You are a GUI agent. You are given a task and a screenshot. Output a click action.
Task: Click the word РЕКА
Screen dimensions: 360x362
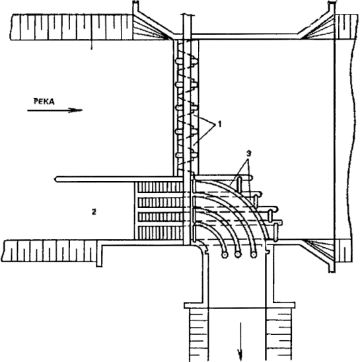pyautogui.click(x=44, y=101)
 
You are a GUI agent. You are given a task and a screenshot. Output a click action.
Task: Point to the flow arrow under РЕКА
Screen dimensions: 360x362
pyautogui.click(x=55, y=110)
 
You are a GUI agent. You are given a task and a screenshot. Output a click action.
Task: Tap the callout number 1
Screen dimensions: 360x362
pyautogui.click(x=219, y=124)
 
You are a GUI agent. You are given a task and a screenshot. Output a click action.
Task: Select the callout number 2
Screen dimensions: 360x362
pyautogui.click(x=94, y=211)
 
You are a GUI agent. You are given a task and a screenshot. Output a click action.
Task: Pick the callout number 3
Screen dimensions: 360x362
pyautogui.click(x=248, y=153)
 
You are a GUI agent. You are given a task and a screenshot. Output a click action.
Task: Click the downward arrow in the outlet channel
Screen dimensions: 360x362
pyautogui.click(x=240, y=342)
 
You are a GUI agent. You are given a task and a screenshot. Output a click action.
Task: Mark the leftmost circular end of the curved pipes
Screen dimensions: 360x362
pyautogui.click(x=225, y=255)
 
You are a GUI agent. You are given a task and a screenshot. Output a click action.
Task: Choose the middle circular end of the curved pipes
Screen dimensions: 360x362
pyautogui.click(x=238, y=254)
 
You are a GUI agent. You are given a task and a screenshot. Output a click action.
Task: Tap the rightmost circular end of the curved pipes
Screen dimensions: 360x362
pyautogui.click(x=254, y=254)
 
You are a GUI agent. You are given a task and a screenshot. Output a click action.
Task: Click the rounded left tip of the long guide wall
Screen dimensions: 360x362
pyautogui.click(x=56, y=179)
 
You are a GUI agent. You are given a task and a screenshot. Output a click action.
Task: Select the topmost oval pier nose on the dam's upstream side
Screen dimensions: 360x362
pyautogui.click(x=179, y=61)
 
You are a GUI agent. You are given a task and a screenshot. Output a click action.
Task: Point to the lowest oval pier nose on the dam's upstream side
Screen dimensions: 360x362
pyautogui.click(x=179, y=155)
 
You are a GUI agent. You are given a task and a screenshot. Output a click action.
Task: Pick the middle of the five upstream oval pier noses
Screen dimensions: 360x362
pyautogui.click(x=179, y=108)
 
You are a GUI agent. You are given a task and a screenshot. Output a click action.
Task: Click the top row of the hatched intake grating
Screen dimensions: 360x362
pyautogui.click(x=160, y=187)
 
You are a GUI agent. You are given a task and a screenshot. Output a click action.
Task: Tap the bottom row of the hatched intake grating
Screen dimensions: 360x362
pyautogui.click(x=160, y=233)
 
